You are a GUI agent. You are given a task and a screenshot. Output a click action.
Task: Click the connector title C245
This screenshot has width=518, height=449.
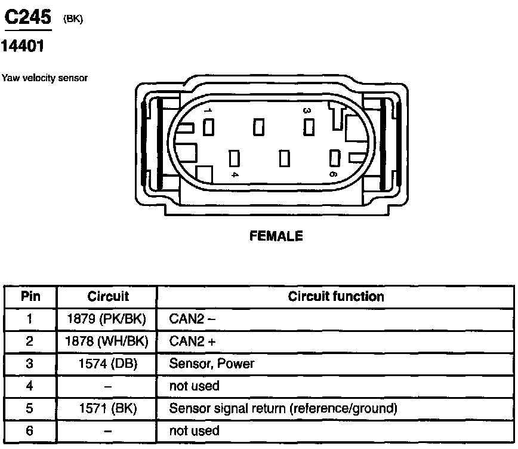tap(27, 18)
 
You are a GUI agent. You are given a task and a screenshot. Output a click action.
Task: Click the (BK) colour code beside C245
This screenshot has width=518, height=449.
tap(73, 20)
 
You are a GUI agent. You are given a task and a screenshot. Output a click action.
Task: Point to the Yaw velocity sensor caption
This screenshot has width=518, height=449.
tap(45, 78)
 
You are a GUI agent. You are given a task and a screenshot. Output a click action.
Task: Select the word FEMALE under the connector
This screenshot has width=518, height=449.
tap(276, 236)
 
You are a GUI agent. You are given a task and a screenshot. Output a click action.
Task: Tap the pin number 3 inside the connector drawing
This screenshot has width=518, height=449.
tap(307, 110)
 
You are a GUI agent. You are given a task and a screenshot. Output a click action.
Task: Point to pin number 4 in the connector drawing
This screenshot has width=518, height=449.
tap(235, 174)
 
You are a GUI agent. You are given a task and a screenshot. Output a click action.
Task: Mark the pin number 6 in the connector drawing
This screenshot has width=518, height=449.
tap(332, 174)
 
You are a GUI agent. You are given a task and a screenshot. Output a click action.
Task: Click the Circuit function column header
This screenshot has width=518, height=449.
tap(336, 297)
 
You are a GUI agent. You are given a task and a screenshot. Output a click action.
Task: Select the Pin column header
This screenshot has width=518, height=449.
tap(30, 297)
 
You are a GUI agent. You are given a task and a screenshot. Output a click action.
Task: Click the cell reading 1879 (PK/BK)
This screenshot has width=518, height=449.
tap(107, 319)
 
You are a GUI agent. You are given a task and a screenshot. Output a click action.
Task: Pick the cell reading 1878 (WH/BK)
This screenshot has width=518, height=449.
tap(107, 342)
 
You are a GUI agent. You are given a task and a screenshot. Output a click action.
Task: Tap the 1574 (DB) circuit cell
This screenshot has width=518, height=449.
tap(107, 364)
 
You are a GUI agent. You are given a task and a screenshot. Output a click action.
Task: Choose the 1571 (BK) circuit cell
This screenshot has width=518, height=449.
tap(107, 409)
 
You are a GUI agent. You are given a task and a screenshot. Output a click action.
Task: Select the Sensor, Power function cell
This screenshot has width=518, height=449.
tap(212, 364)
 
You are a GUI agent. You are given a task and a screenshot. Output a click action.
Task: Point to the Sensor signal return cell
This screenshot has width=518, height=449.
tap(283, 409)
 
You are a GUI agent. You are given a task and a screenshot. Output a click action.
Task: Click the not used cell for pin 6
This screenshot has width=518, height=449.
tap(195, 431)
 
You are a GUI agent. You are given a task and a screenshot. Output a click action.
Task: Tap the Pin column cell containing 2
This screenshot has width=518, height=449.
tap(30, 342)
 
